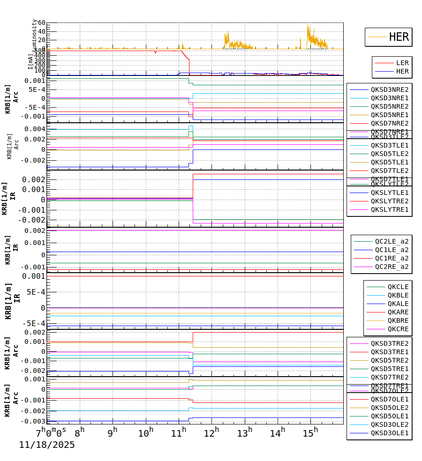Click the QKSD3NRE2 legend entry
point(389,89)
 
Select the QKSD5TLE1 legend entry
point(389,162)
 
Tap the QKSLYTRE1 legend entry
point(389,209)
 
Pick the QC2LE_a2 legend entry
point(391,241)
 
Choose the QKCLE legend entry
point(398,287)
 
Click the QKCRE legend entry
point(398,329)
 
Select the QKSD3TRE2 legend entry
point(389,343)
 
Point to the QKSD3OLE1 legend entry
point(389,433)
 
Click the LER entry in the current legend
point(402,63)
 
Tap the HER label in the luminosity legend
point(399,37)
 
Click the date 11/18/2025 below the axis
point(47,445)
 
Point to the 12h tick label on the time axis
point(211,433)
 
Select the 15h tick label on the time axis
point(310,433)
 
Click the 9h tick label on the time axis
point(113,433)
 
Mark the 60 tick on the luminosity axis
point(39,23)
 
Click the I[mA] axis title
point(31,61)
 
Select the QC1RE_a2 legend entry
point(391,258)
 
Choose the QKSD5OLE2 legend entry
point(389,408)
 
